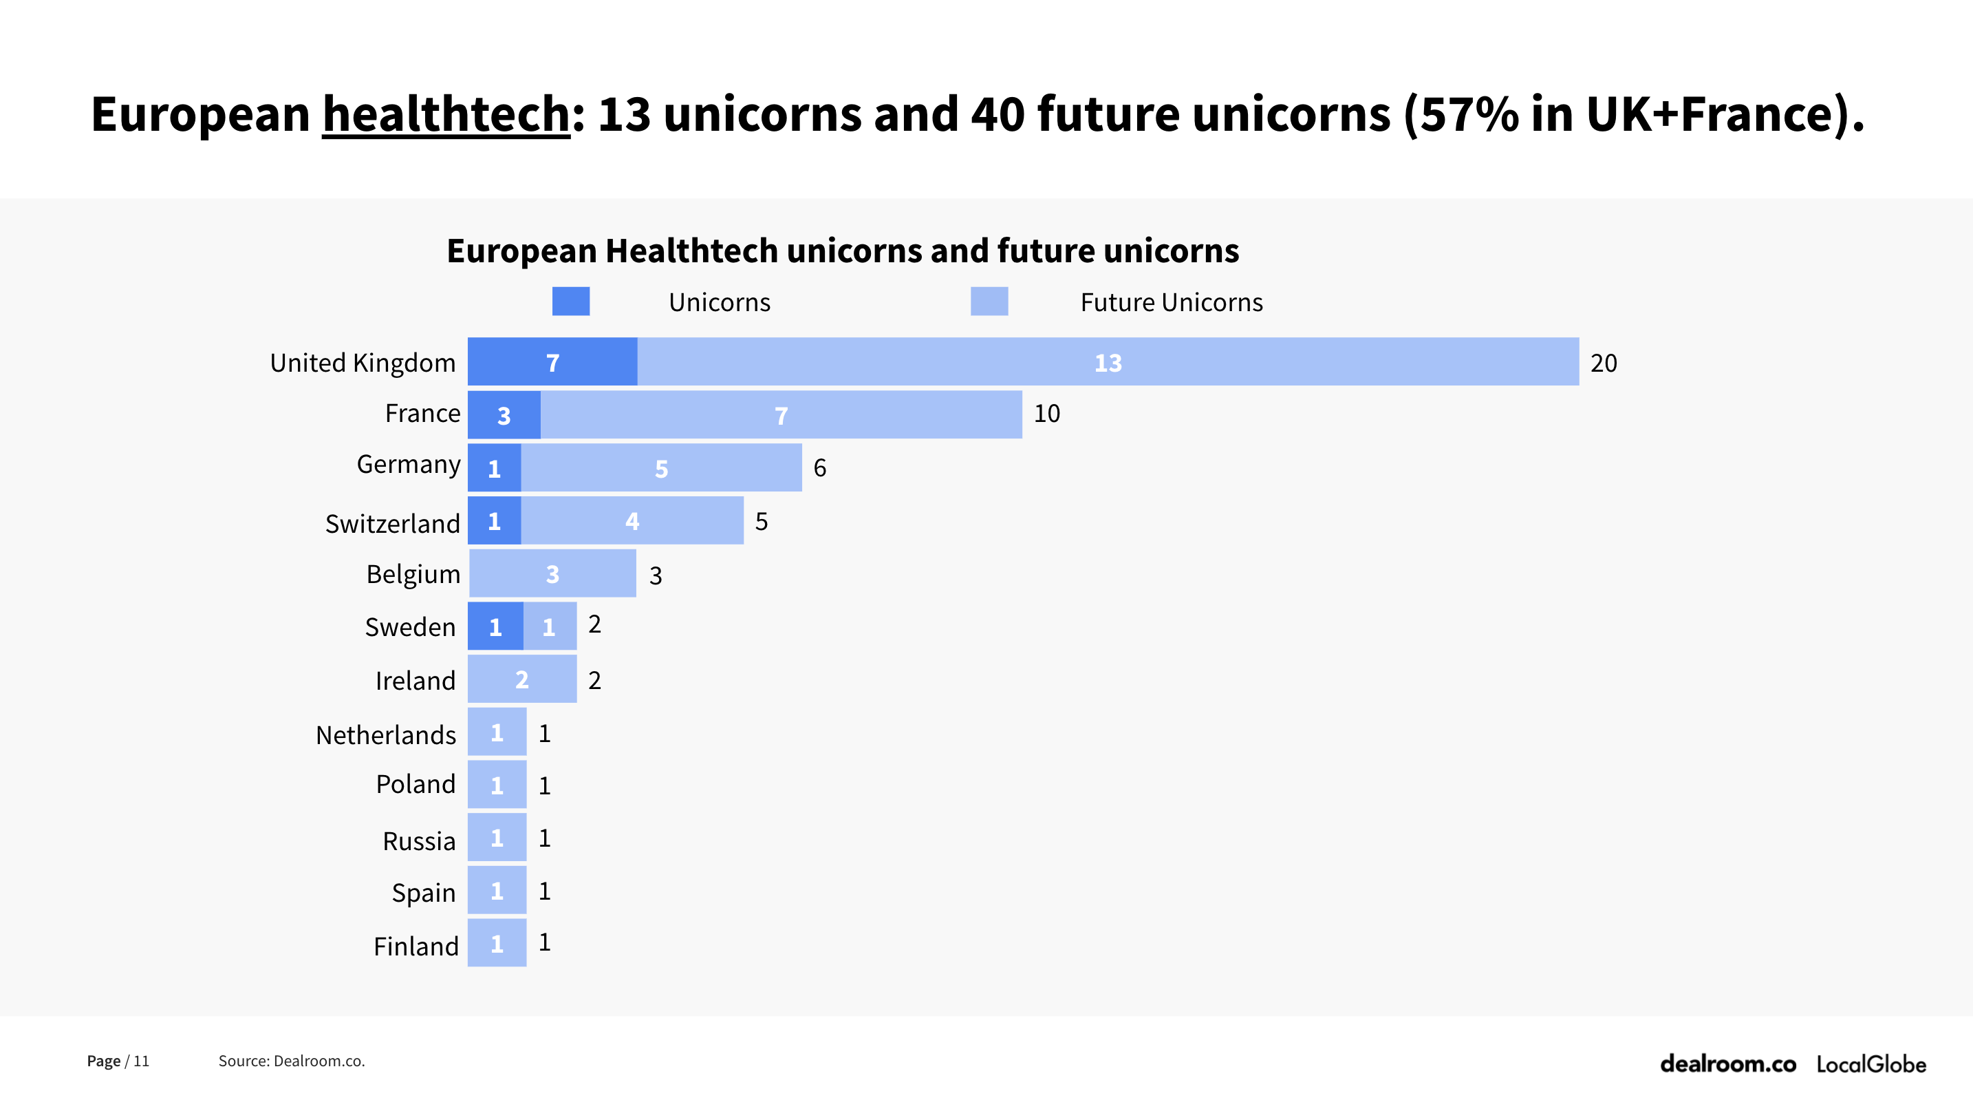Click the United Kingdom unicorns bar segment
pyautogui.click(x=552, y=361)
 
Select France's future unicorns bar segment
pyautogui.click(x=781, y=414)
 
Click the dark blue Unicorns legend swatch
pyautogui.click(x=570, y=301)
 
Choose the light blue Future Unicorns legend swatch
pyautogui.click(x=989, y=301)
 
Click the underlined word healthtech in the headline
pyautogui.click(x=446, y=114)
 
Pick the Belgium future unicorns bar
pyautogui.click(x=552, y=573)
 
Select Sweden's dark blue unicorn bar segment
pyautogui.click(x=495, y=626)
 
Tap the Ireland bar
pyautogui.click(x=521, y=679)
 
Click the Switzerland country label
pyautogui.click(x=392, y=523)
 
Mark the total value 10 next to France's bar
pyautogui.click(x=1046, y=414)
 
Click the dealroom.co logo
pyautogui.click(x=1727, y=1064)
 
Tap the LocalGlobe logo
pyautogui.click(x=1870, y=1064)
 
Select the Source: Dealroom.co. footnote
pyautogui.click(x=291, y=1061)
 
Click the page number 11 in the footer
pyautogui.click(x=141, y=1061)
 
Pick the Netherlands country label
pyautogui.click(x=385, y=734)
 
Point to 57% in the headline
pyautogui.click(x=1468, y=114)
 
